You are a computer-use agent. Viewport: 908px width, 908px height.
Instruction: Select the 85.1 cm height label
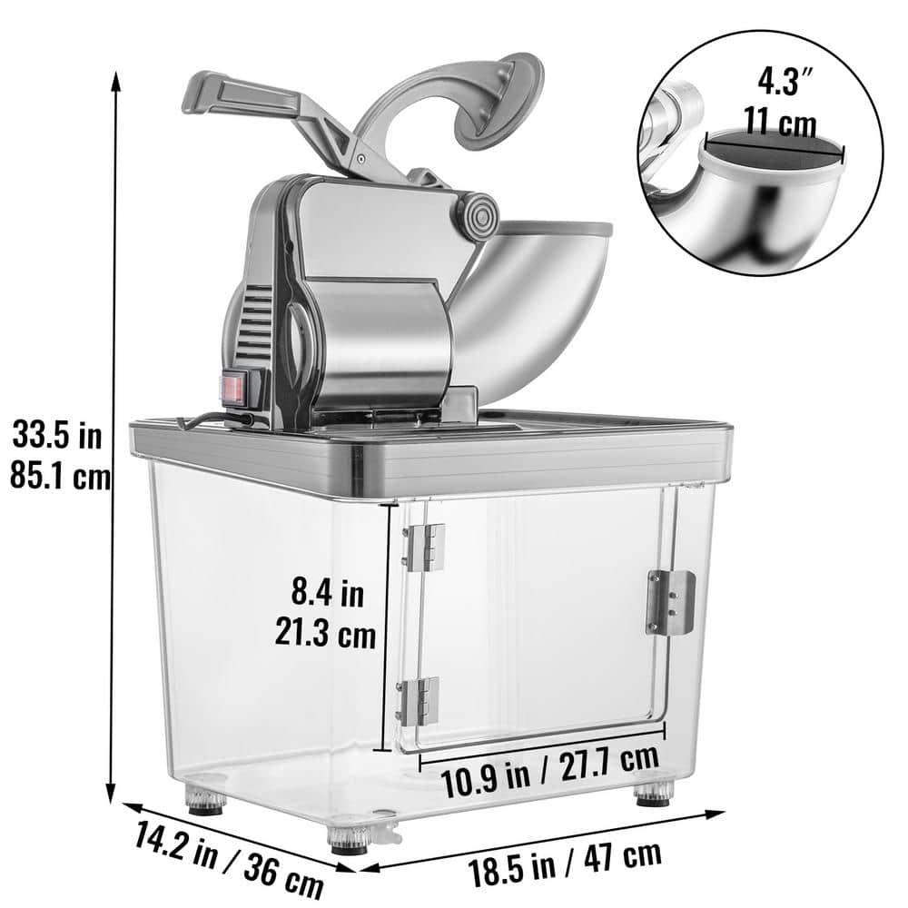click(59, 475)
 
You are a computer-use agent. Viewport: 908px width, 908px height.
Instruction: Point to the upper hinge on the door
click(424, 548)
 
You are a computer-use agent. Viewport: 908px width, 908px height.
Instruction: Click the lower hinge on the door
click(424, 700)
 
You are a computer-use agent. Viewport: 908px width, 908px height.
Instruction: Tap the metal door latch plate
click(669, 602)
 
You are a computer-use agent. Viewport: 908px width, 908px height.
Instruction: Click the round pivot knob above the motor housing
click(481, 215)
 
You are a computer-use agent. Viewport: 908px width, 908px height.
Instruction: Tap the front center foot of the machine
click(349, 841)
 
